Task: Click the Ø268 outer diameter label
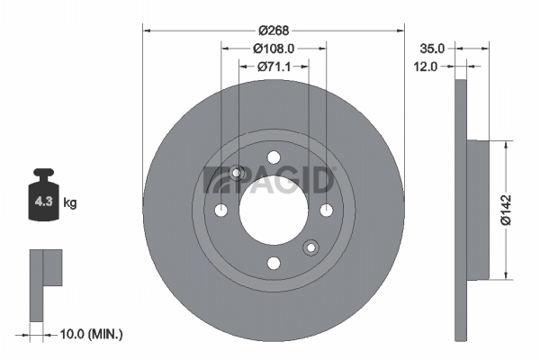(274, 31)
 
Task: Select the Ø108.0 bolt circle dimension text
(274, 49)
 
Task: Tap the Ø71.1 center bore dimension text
(274, 67)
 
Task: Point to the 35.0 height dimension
(432, 49)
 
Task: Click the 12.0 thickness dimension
(426, 67)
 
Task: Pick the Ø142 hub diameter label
(506, 210)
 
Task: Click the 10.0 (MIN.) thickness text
(91, 334)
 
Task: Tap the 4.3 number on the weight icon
(43, 202)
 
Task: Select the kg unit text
(70, 202)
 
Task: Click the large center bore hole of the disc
(274, 210)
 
